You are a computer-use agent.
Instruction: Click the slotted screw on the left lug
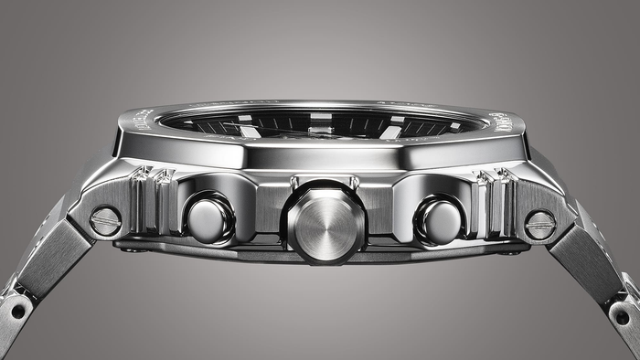pyautogui.click(x=106, y=220)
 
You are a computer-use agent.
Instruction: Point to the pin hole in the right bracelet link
pyautogui.click(x=622, y=316)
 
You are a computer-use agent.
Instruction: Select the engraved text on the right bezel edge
pyautogui.click(x=500, y=121)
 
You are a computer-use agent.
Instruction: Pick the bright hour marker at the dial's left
pyautogui.click(x=249, y=131)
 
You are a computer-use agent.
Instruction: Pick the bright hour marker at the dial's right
pyautogui.click(x=393, y=131)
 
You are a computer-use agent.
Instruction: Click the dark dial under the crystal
pyautogui.click(x=320, y=124)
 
